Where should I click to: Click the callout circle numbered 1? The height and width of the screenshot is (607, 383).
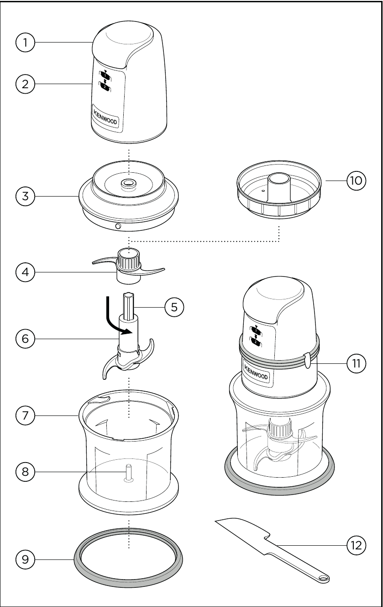(26, 43)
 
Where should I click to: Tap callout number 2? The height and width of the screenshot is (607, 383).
(26, 84)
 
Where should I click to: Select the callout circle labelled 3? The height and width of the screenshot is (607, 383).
(26, 197)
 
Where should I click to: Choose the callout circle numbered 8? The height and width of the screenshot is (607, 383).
(26, 472)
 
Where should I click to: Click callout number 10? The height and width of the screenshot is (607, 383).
(356, 181)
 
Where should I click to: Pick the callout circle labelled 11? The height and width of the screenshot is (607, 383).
(356, 363)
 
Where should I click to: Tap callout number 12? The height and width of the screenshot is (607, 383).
(356, 545)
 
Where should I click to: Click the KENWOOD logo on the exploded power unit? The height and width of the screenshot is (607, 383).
(105, 116)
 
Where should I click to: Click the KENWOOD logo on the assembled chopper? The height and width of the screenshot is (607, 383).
(255, 371)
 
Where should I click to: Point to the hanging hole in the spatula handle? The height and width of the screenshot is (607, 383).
(323, 579)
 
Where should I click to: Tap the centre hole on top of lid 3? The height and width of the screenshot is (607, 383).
(129, 183)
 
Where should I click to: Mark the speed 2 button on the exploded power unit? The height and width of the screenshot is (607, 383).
(105, 87)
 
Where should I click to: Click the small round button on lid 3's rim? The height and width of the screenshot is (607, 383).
(119, 227)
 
